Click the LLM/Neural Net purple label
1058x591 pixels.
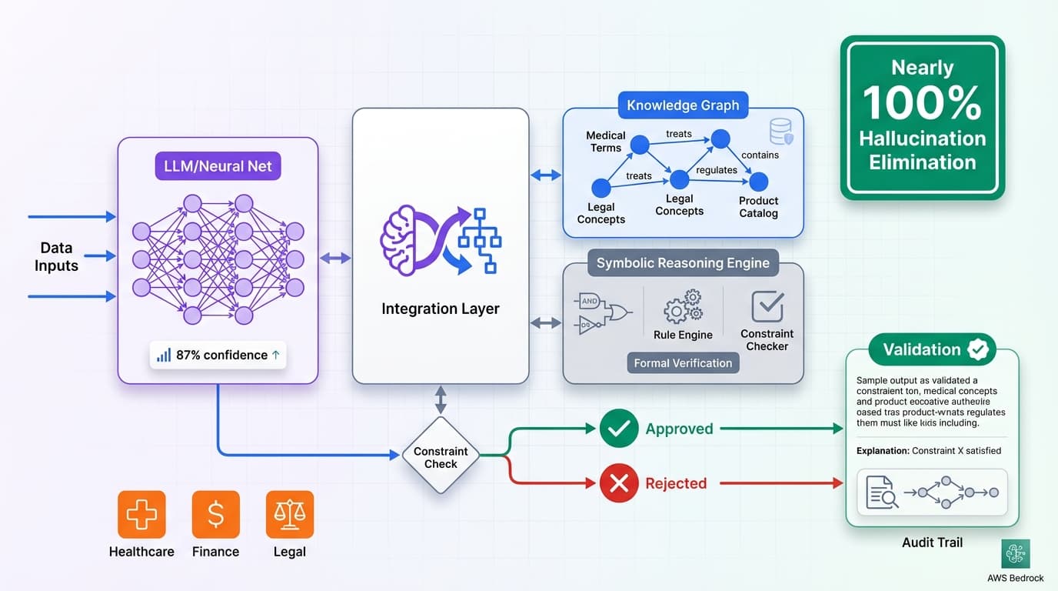point(218,165)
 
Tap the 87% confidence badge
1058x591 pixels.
point(218,355)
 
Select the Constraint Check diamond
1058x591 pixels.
point(441,457)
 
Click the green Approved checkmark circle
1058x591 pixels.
point(619,429)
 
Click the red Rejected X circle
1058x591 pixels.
point(619,483)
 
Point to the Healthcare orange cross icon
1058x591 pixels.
point(141,514)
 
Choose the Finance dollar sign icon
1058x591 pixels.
point(216,514)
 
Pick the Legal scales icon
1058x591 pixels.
point(289,514)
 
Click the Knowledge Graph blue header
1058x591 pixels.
point(683,105)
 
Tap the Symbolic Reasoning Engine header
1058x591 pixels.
point(683,263)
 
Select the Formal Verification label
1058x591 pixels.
point(683,363)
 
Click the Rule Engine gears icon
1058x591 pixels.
point(683,307)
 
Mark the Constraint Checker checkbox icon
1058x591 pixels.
point(767,306)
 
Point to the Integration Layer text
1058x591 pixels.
point(441,309)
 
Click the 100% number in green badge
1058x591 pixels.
point(922,103)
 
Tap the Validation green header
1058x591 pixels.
point(932,349)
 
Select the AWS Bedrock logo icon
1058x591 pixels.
point(1016,553)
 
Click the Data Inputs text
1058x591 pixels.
point(56,257)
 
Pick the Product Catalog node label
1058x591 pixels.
point(758,207)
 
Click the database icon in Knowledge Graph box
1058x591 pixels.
point(780,132)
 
